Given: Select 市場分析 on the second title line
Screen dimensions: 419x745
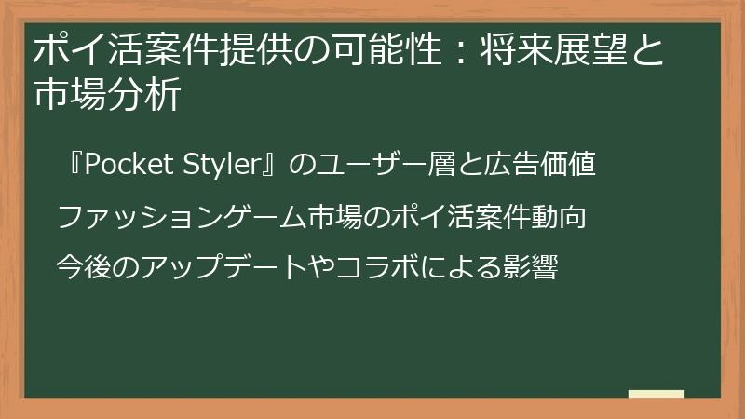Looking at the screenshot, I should [x=105, y=95].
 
